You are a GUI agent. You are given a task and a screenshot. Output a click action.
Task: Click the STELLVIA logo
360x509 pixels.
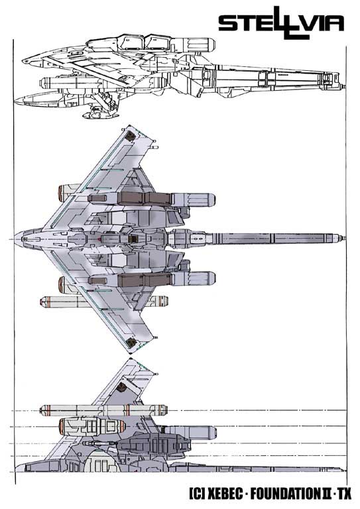click(281, 23)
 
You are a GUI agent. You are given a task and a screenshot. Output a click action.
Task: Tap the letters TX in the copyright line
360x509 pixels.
click(344, 494)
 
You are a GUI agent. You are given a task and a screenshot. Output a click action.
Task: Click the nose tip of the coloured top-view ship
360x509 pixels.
click(15, 239)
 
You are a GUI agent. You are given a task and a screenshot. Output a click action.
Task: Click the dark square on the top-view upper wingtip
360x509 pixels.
click(131, 136)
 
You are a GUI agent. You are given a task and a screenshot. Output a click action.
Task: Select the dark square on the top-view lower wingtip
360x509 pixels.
click(131, 342)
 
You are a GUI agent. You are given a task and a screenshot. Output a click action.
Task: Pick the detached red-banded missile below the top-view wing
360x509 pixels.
click(104, 302)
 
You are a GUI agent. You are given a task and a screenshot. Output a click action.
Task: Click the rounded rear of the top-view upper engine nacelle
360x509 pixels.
click(209, 199)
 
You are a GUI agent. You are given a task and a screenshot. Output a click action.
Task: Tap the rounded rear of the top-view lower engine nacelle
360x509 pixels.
click(209, 278)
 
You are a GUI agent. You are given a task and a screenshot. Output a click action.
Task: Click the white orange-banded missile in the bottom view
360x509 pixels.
click(103, 410)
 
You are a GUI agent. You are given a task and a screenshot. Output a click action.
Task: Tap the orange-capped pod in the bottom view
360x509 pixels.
click(92, 425)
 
